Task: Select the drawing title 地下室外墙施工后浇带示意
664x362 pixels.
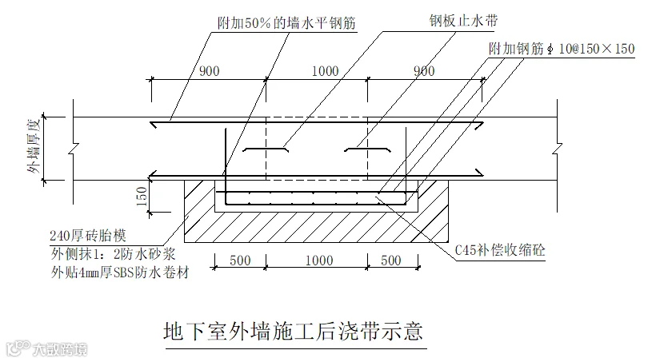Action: [x=293, y=330]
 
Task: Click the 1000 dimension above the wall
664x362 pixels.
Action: [x=324, y=71]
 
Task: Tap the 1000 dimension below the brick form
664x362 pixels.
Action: [x=318, y=261]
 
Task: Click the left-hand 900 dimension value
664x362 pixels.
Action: [x=210, y=71]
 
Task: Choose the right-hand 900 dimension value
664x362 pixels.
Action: [x=424, y=71]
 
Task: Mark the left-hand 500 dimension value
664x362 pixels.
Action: [x=241, y=261]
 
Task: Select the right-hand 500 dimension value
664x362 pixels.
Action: [x=391, y=261]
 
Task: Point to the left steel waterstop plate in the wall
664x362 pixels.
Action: [x=266, y=149]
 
